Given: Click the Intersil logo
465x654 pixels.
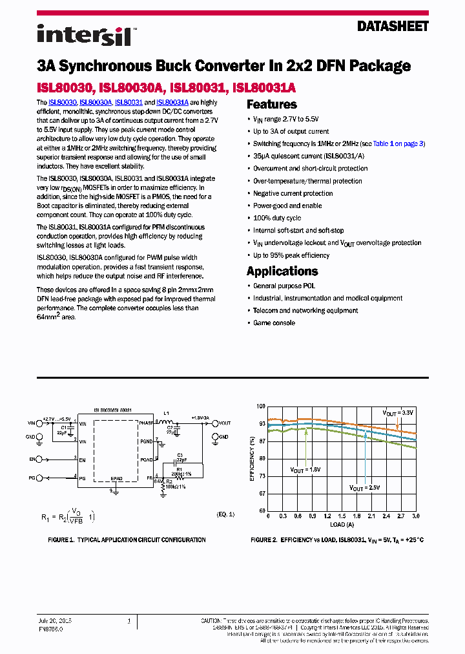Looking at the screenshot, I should click(84, 34).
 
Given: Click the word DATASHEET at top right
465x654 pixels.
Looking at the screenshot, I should click(392, 26).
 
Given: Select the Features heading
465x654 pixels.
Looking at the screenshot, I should click(272, 105).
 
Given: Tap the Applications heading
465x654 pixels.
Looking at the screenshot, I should click(282, 271).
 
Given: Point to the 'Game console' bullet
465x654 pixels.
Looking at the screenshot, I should click(274, 322).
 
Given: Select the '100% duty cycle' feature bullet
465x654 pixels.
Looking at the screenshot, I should click(277, 218).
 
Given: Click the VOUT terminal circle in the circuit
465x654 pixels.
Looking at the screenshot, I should click(215, 423).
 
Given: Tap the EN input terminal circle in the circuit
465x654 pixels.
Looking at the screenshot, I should click(39, 459).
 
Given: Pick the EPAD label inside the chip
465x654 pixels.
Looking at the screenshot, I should click(116, 478).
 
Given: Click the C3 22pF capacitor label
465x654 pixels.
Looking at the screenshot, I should click(180, 458).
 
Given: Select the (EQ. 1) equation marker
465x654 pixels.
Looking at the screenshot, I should click(225, 514).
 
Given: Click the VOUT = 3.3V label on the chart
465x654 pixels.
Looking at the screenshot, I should click(397, 412).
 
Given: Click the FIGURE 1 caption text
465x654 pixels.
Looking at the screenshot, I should click(127, 540).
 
